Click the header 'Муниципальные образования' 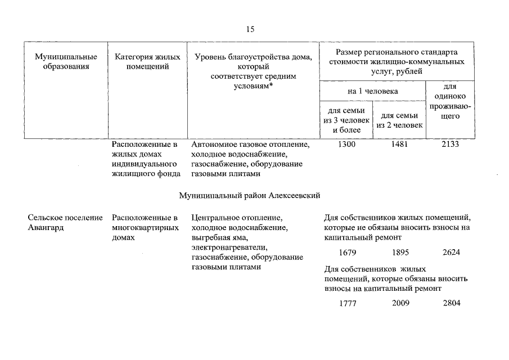(x=66, y=62)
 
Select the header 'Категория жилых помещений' (x=147, y=62)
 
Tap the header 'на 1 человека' (x=372, y=91)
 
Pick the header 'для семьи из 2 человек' (x=399, y=120)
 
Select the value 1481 (x=399, y=145)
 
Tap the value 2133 (x=451, y=145)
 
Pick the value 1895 (x=400, y=252)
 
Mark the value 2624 (x=451, y=252)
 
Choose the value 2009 (x=400, y=303)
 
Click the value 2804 (x=451, y=303)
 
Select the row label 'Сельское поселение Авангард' (x=65, y=223)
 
